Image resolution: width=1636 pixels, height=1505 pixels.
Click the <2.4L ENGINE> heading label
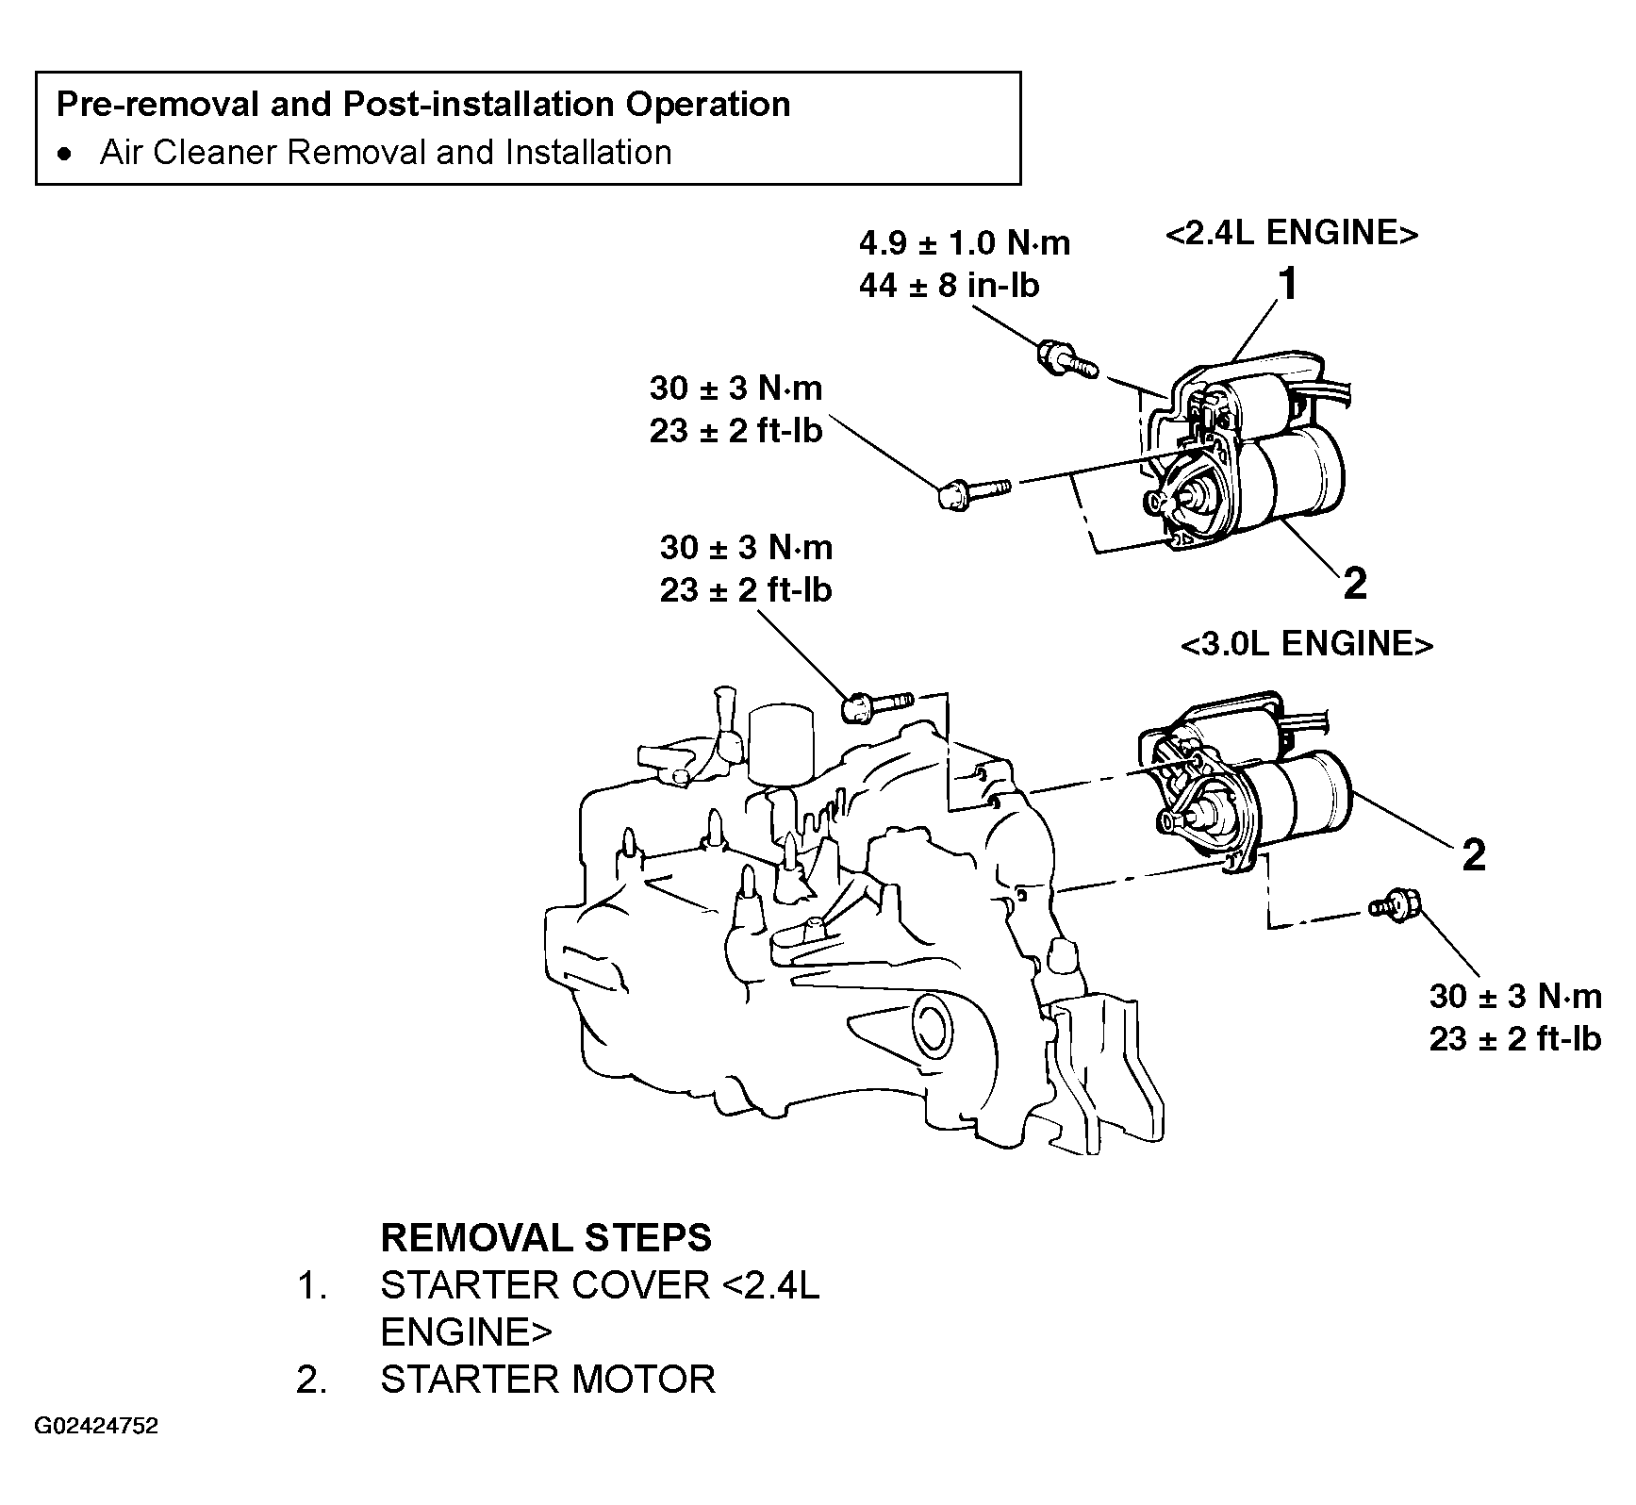coord(1291,233)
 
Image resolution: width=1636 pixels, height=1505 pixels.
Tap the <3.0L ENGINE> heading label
coord(1306,644)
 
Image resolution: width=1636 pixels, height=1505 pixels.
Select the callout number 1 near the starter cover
coord(1287,284)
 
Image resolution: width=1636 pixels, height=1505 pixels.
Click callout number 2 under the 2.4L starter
coord(1354,584)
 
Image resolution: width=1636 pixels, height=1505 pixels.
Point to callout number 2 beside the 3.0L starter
coord(1474,854)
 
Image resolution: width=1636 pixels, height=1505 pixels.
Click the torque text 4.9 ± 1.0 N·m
coord(965,243)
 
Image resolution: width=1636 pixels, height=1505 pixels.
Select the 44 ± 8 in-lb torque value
coord(949,285)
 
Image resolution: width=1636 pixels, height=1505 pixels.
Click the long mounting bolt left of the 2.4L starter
coord(975,492)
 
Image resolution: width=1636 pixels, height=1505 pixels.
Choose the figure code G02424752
coord(97,1451)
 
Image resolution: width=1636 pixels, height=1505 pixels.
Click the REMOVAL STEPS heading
coord(546,1237)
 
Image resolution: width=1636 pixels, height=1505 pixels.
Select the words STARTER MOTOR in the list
coord(548,1380)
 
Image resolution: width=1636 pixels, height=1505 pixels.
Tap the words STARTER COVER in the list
coord(545,1285)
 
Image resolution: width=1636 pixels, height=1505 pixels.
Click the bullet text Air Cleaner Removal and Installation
coord(386,152)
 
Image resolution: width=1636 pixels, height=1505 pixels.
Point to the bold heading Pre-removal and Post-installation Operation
coord(423,104)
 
